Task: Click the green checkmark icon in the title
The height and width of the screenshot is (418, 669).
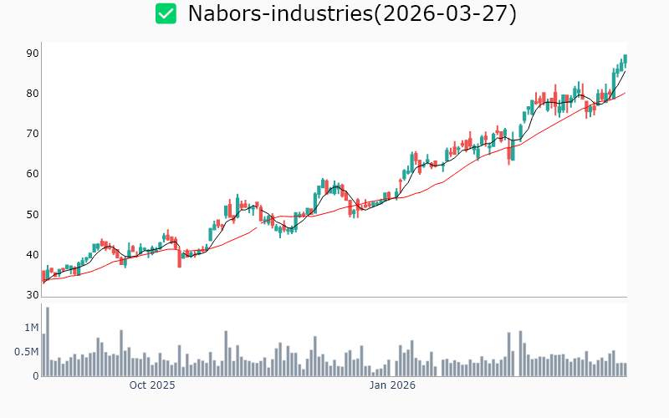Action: pyautogui.click(x=166, y=13)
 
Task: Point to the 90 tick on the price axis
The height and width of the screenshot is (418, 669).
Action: pyautogui.click(x=33, y=53)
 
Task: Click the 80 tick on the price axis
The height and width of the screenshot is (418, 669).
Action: pyautogui.click(x=33, y=94)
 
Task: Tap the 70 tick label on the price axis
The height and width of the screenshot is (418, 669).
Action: pyautogui.click(x=33, y=134)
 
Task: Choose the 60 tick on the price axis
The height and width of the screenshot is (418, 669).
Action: pyautogui.click(x=33, y=174)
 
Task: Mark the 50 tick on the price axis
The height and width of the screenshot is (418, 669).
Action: pyautogui.click(x=33, y=215)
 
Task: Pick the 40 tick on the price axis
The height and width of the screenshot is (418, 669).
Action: pyautogui.click(x=33, y=255)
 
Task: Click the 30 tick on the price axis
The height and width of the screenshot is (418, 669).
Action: pyautogui.click(x=33, y=295)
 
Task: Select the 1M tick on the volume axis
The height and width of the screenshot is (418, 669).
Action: pyautogui.click(x=31, y=327)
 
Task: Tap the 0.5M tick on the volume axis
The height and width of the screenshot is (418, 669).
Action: pyautogui.click(x=26, y=352)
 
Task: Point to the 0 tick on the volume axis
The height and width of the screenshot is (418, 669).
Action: pyautogui.click(x=36, y=376)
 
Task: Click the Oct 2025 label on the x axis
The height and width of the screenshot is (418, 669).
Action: pyautogui.click(x=152, y=385)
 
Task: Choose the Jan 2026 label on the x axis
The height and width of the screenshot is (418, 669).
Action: pyautogui.click(x=393, y=385)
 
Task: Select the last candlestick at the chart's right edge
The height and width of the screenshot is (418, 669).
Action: pyautogui.click(x=625, y=60)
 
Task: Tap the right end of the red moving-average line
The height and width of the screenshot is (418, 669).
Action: pyautogui.click(x=625, y=93)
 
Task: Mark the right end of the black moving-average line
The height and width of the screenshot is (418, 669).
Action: pyautogui.click(x=625, y=71)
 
